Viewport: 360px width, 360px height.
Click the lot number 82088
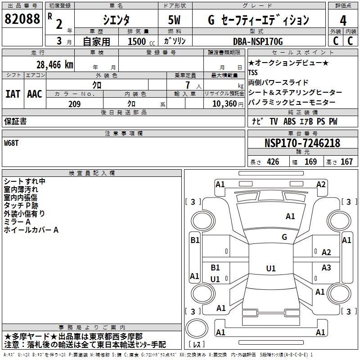click(x=22, y=19)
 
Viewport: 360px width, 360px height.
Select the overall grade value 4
click(x=343, y=20)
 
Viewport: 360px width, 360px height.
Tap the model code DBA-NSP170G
click(x=258, y=42)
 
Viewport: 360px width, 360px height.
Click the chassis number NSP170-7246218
click(x=302, y=143)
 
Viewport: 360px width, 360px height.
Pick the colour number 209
click(x=74, y=104)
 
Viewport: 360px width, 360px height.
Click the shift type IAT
click(x=13, y=94)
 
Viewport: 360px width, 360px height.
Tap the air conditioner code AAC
click(x=35, y=94)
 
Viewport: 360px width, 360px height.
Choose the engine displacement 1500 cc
click(x=137, y=42)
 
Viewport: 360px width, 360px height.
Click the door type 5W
click(x=175, y=20)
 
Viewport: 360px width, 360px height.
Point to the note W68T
click(x=12, y=143)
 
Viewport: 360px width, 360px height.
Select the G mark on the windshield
click(x=284, y=237)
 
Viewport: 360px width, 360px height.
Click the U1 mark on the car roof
click(x=270, y=269)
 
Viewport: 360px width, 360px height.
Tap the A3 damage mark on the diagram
click(x=326, y=268)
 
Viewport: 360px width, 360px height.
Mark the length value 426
click(x=273, y=162)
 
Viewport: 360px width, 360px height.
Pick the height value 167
click(x=346, y=162)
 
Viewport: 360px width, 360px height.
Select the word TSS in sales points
click(x=253, y=72)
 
